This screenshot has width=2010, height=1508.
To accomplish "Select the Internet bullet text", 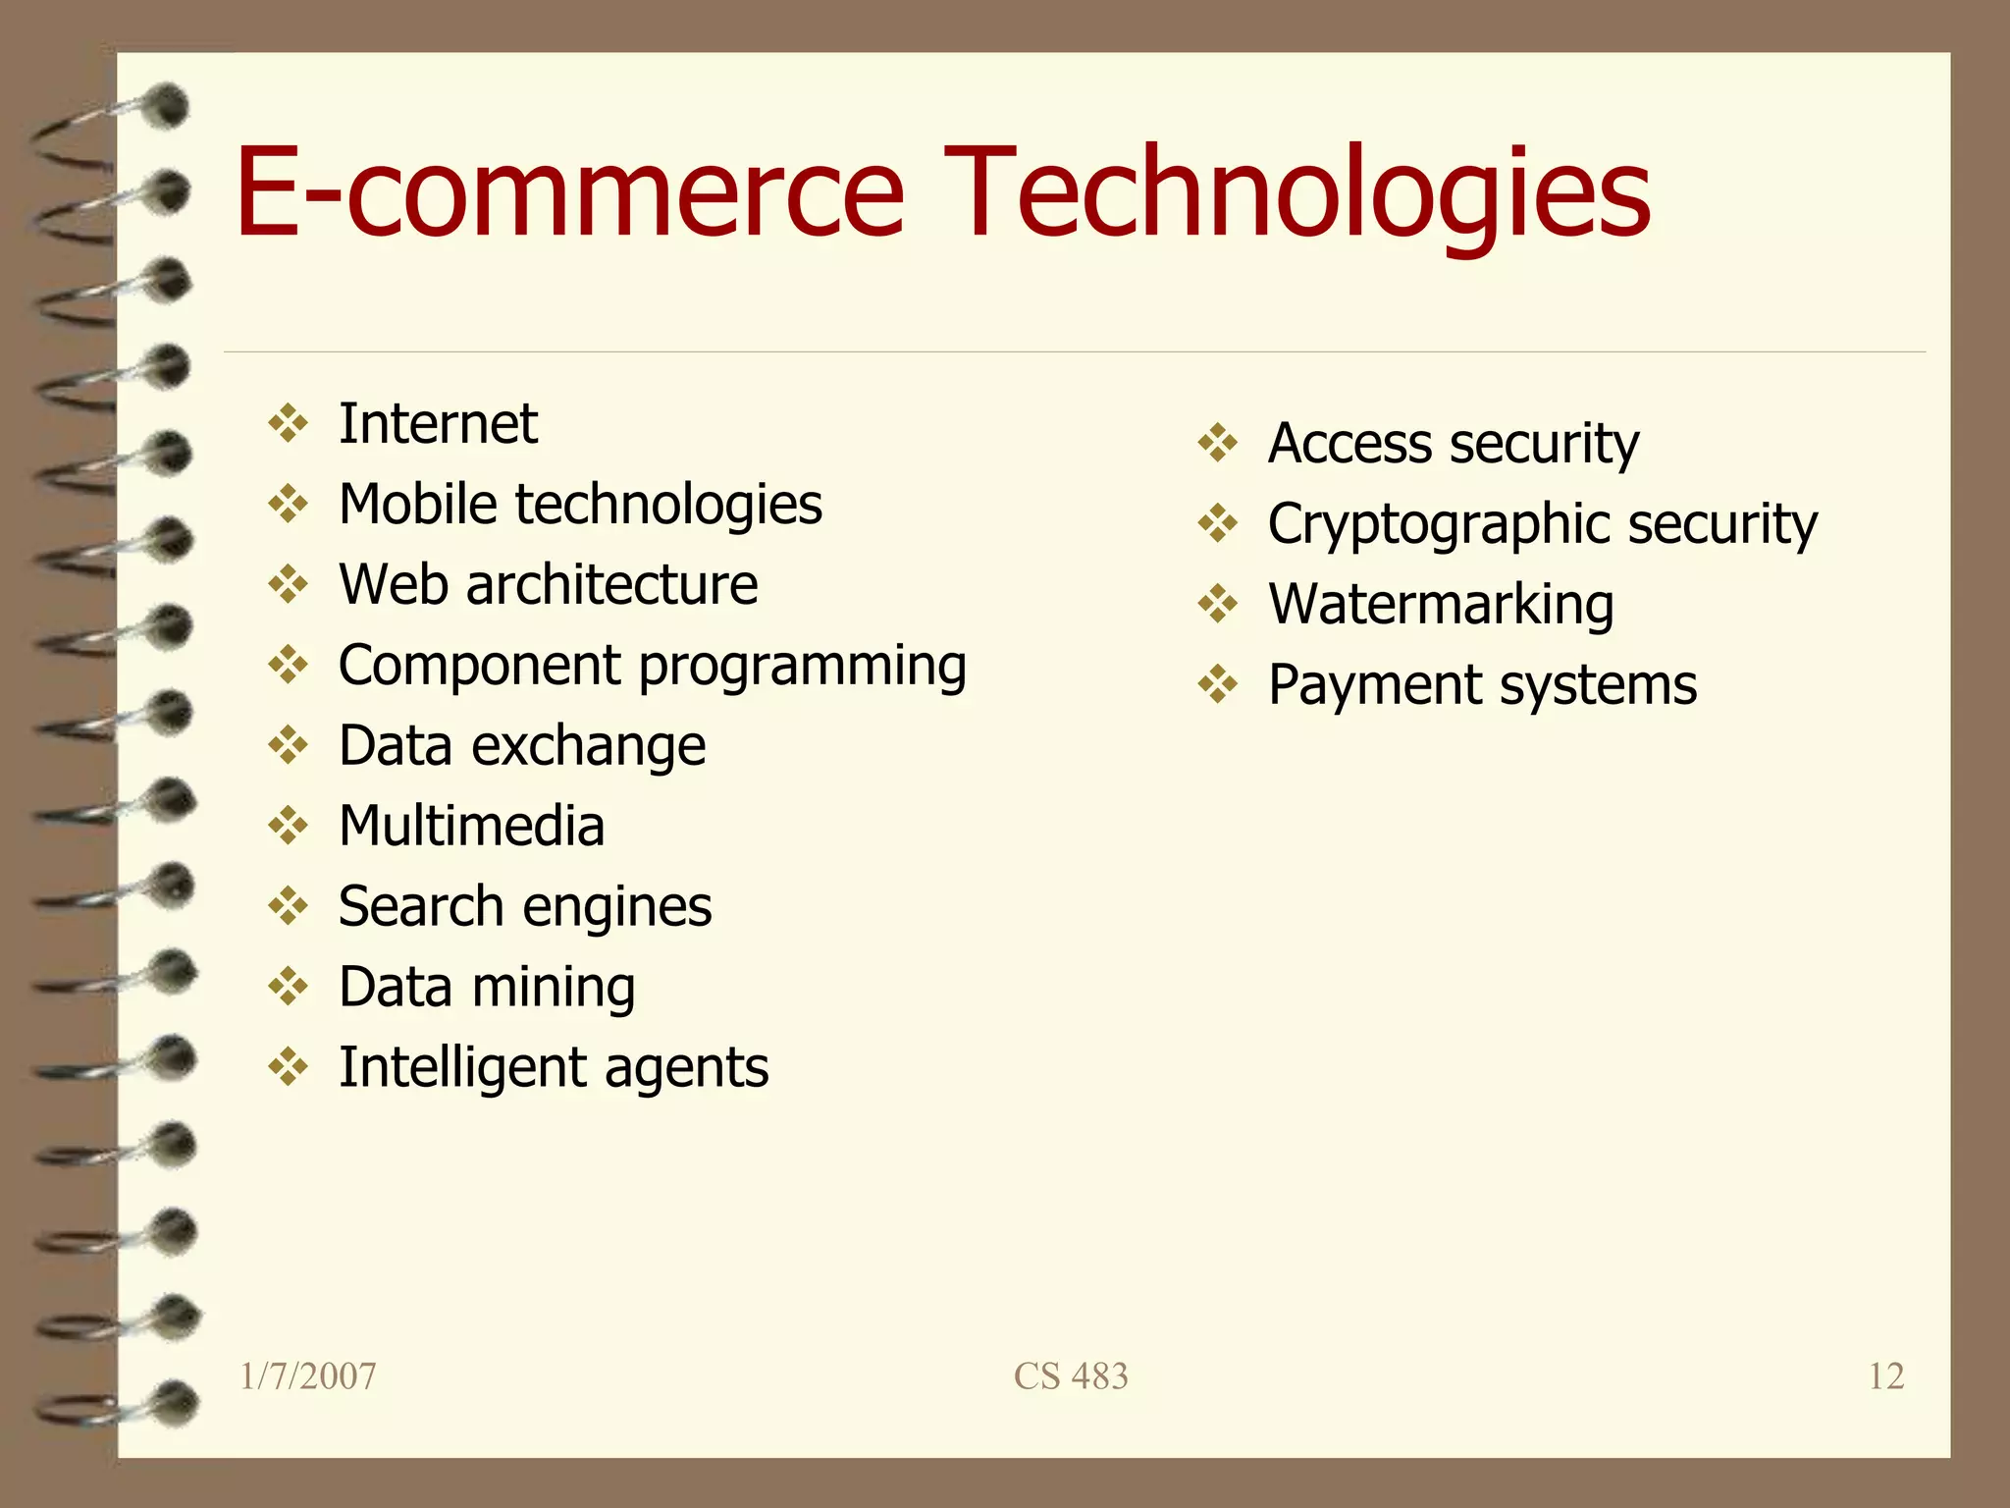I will coord(438,424).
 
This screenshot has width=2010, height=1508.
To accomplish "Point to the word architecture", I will coord(611,585).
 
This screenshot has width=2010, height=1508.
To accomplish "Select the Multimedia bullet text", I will coord(471,826).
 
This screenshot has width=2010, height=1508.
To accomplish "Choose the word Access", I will coord(1350,444).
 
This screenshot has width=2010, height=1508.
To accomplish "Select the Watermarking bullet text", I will coord(1441,604).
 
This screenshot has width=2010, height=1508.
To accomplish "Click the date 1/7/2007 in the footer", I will coord(308,1376).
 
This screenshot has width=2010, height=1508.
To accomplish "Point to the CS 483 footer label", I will coord(1071,1376).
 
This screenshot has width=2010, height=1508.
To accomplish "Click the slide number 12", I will coord(1885,1376).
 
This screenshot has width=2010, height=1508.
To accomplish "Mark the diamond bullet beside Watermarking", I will coord(1218,604).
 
